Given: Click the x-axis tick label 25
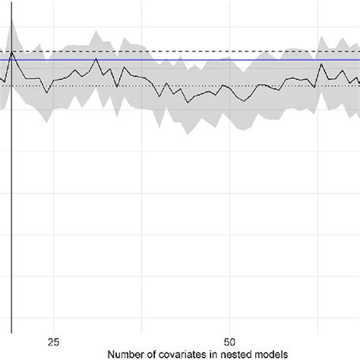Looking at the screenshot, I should (54, 341).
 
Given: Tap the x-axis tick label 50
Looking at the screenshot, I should (229, 341).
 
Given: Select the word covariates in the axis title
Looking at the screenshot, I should (178, 354).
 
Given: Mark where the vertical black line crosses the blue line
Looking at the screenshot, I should (11, 59).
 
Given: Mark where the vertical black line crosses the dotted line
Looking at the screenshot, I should (11, 86).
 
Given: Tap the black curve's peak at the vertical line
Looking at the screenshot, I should (12, 53).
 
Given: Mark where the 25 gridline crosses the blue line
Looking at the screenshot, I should (54, 59).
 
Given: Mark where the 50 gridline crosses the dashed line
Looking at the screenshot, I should (229, 51).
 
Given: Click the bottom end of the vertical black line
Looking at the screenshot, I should (11, 333).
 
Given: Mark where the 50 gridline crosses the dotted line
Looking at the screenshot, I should (229, 86).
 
